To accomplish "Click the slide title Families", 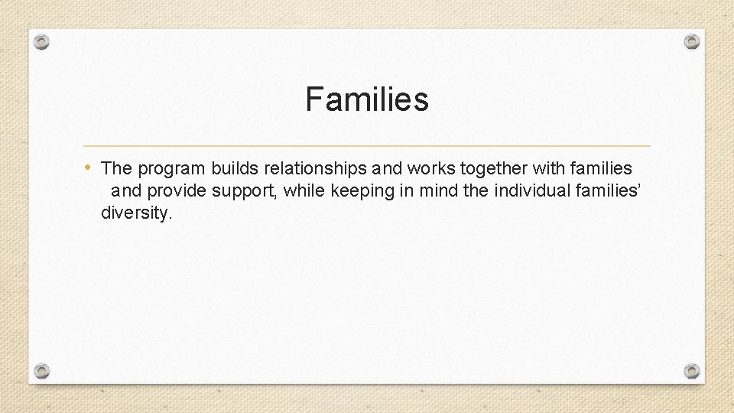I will click(x=367, y=99).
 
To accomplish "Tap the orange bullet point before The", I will click(x=89, y=166).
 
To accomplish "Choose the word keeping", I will click(x=362, y=191).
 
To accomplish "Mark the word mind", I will click(x=437, y=190).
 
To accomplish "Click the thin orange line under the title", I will click(x=367, y=145).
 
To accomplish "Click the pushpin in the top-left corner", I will click(x=43, y=41).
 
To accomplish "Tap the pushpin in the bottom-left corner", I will click(x=43, y=371).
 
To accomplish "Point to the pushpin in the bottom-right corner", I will click(x=691, y=371).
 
